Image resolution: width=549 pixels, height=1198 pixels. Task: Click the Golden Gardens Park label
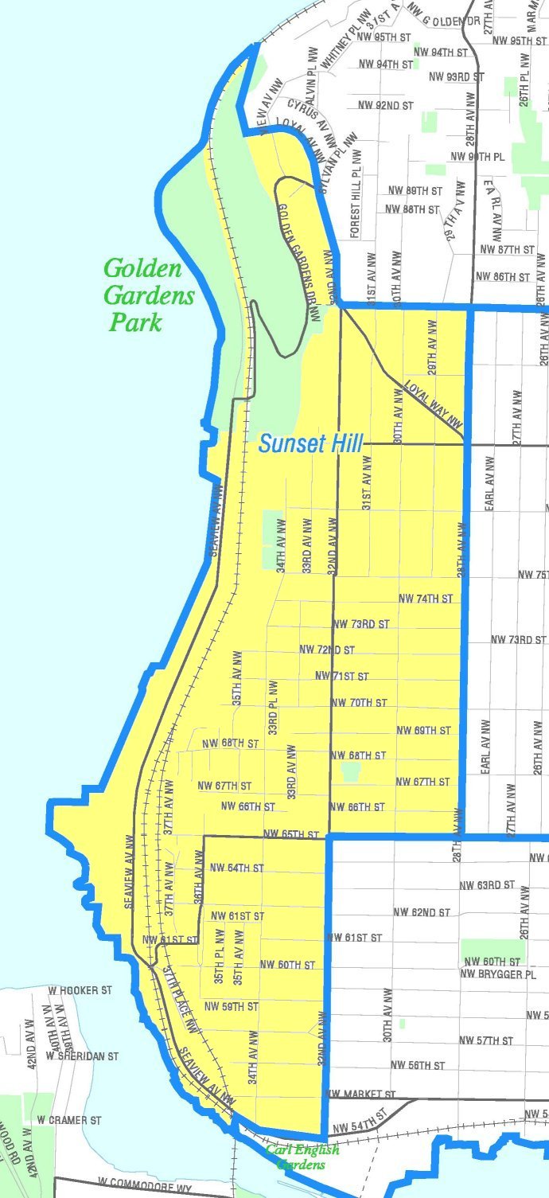[149, 295]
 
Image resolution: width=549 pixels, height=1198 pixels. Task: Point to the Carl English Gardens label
[302, 1157]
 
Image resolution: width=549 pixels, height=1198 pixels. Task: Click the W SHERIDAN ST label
[82, 1056]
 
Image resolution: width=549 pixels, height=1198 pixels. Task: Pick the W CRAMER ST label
[69, 1120]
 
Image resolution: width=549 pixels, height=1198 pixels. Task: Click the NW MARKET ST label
[360, 1095]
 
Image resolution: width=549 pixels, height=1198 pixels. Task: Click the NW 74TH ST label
[425, 598]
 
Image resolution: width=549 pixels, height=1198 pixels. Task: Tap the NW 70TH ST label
[358, 703]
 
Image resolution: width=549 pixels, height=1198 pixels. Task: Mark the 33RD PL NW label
[272, 707]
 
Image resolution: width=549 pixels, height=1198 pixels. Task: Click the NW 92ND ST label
[386, 105]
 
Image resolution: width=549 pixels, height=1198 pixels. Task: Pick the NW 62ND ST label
[422, 912]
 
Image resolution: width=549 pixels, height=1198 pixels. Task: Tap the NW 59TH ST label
[232, 1006]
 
